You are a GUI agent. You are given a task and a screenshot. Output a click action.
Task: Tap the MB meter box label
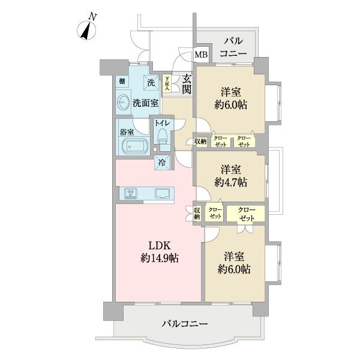pos(201,55)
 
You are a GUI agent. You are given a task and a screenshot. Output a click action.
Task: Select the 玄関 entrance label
pos(187,83)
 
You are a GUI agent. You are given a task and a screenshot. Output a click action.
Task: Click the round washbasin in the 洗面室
pos(125,103)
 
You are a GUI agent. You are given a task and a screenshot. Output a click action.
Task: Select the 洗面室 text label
pos(146,103)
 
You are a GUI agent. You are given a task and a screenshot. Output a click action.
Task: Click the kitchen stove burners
pos(131,193)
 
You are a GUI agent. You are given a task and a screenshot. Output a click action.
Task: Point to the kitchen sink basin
pos(163,193)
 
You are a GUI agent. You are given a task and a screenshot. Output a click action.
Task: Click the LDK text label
pos(158,246)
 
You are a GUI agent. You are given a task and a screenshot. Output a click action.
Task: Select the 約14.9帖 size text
pos(158,259)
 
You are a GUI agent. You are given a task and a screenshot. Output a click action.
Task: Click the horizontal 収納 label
pos(200,141)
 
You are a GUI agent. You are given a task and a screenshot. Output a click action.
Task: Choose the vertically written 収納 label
pos(197,213)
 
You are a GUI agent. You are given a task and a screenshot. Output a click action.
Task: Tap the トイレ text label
pos(163,123)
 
